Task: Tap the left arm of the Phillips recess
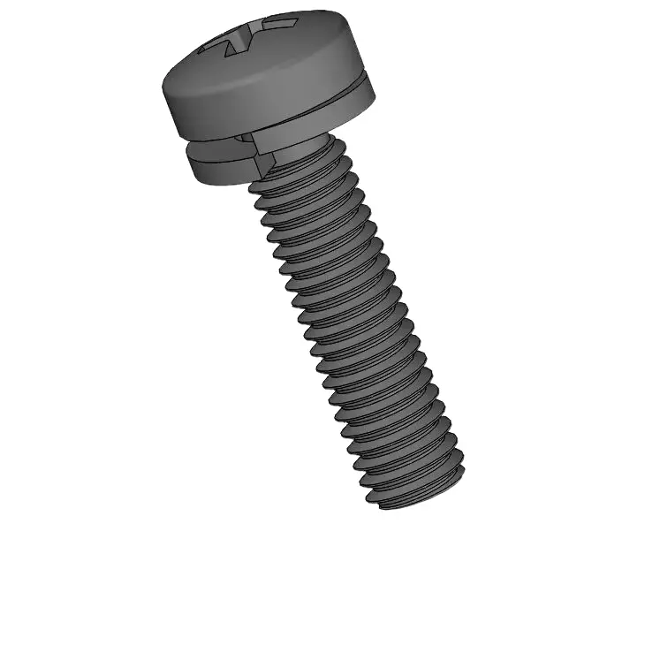point(215,45)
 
